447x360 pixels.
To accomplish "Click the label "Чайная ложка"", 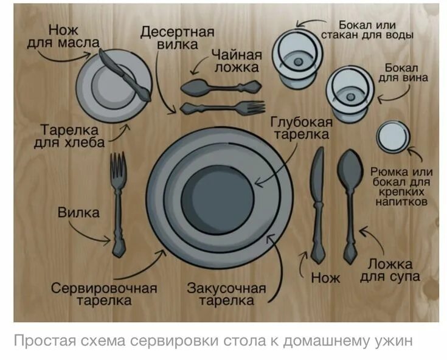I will click(237, 60).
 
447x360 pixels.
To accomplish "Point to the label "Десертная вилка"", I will click(178, 38).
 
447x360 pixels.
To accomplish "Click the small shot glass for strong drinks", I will click(391, 137).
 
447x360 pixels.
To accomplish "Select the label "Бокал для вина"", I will click(403, 72).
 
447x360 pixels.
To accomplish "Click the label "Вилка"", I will click(79, 213).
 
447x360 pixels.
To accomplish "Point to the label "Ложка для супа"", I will click(390, 271).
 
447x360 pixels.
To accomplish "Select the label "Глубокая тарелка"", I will click(301, 128).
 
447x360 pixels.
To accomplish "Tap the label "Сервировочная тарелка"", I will click(104, 294).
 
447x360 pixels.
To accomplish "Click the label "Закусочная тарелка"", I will click(226, 294).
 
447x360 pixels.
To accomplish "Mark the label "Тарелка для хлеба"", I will click(73, 136).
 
